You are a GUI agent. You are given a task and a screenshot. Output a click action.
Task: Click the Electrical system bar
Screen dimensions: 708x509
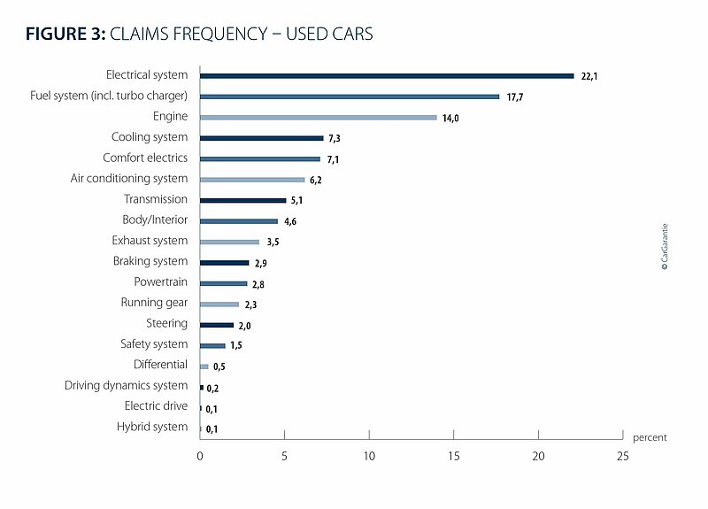[x=387, y=76]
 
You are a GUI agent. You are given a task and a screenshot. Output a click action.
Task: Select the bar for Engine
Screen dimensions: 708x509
[x=319, y=118]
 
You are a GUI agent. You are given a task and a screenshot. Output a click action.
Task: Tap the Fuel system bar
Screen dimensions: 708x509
[x=350, y=96]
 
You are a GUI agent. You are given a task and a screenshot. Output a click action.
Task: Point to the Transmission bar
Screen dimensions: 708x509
[x=242, y=201]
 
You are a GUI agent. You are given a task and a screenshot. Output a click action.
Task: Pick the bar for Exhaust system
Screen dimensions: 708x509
[x=229, y=242]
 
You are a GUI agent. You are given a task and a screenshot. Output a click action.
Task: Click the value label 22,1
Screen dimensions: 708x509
[x=589, y=76]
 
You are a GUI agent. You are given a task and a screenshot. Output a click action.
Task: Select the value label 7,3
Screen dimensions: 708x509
[x=335, y=138]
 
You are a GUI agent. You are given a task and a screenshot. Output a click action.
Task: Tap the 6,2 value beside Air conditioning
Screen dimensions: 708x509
[x=316, y=180]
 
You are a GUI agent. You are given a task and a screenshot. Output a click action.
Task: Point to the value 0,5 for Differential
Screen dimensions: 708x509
[x=219, y=366]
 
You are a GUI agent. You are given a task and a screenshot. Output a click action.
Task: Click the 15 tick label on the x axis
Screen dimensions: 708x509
[x=454, y=456]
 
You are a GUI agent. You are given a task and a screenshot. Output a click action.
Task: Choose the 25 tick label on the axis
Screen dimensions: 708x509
[x=623, y=456]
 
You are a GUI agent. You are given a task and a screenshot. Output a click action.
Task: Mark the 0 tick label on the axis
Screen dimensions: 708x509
[x=200, y=456]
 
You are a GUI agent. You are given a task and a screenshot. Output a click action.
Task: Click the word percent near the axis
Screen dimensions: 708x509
[x=650, y=437]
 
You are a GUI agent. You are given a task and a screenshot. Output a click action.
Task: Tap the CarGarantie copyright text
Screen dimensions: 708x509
[x=665, y=247]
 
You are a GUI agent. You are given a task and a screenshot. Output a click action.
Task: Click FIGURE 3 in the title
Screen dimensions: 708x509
[x=65, y=34]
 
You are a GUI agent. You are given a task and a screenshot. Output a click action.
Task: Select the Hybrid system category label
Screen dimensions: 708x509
[x=152, y=427]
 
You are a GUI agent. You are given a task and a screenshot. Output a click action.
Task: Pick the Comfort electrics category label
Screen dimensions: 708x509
[x=145, y=158]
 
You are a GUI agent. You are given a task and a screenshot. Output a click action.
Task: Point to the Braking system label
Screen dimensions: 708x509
[x=150, y=261]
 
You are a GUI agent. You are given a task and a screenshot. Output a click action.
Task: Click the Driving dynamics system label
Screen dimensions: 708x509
[x=126, y=385]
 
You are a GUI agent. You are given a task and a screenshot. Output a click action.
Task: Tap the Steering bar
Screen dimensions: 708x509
[x=217, y=325]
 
